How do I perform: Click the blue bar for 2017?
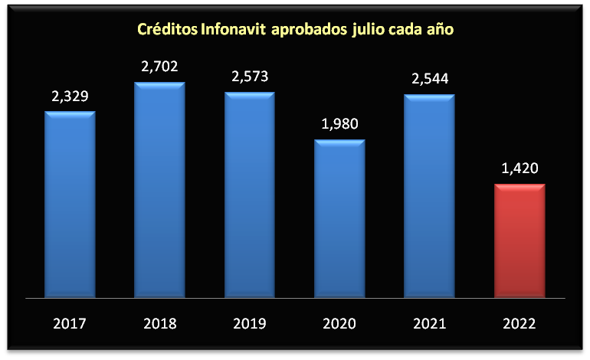click(x=70, y=205)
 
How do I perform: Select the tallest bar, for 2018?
click(x=159, y=190)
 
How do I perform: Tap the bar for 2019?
click(x=249, y=195)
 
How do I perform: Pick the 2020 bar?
click(x=339, y=218)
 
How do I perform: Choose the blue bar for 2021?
click(x=429, y=196)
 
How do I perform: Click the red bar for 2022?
click(x=519, y=241)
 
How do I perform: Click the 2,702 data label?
click(x=159, y=67)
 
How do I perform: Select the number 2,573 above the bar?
click(x=249, y=77)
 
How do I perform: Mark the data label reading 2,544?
click(x=429, y=79)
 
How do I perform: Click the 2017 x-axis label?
click(x=70, y=323)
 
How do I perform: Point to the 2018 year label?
click(x=159, y=323)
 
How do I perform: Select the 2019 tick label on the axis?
click(x=249, y=323)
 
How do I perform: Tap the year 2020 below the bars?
click(x=339, y=323)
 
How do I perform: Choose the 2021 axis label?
click(x=429, y=323)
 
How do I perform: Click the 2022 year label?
click(x=519, y=323)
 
